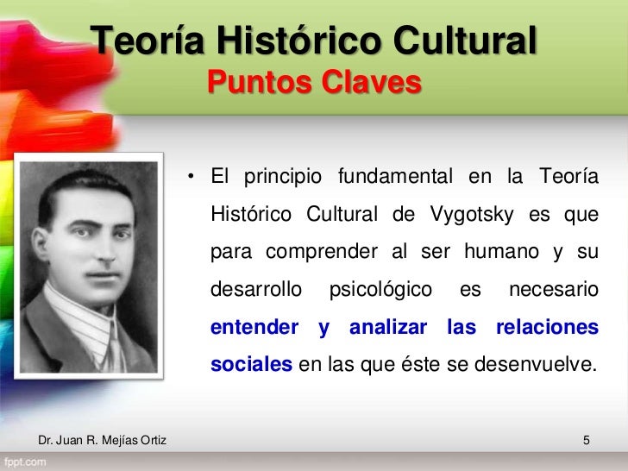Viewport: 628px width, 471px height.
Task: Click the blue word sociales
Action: click(251, 365)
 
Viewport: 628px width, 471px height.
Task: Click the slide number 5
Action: click(587, 443)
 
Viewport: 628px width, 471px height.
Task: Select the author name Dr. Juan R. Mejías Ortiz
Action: click(103, 443)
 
